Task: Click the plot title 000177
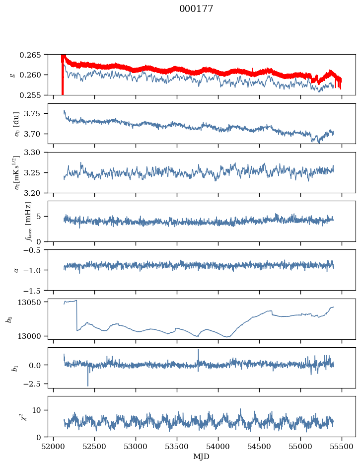coord(196,8)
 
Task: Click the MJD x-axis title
coord(201,457)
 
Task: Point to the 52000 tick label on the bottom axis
coord(53,447)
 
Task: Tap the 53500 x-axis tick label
coord(177,447)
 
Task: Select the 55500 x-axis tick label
coord(342,447)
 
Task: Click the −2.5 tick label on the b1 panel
coord(35,384)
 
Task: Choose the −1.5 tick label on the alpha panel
coord(35,290)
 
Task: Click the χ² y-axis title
coord(27,417)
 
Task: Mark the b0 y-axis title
coord(10,319)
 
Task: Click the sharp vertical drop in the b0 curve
coord(77,315)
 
